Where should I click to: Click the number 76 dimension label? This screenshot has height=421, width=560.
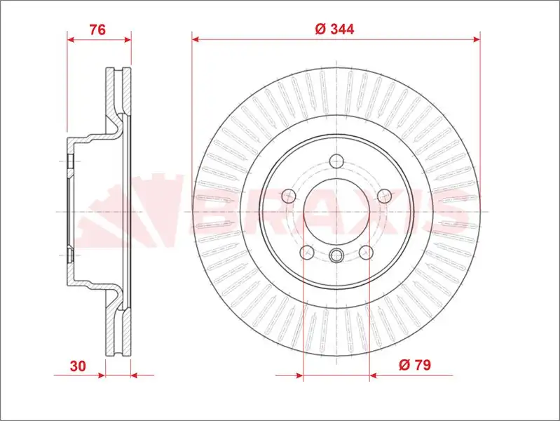(97, 29)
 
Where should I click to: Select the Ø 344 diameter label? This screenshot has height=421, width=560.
(335, 29)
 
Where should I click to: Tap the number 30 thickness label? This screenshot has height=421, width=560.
(78, 366)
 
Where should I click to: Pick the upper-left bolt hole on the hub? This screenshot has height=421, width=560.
(288, 196)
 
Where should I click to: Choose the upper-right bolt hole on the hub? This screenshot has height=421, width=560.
(383, 196)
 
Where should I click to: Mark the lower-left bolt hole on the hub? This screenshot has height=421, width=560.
(306, 251)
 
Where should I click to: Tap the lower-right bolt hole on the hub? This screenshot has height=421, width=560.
(365, 251)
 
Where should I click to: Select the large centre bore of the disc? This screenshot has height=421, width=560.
(336, 210)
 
